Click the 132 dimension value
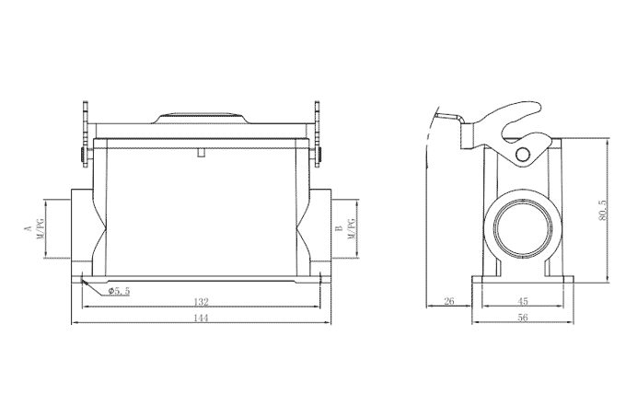201,301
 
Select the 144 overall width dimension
201,318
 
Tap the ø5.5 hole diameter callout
119,290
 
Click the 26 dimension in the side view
449,301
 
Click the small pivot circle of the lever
527,153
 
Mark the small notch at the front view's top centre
201,151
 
